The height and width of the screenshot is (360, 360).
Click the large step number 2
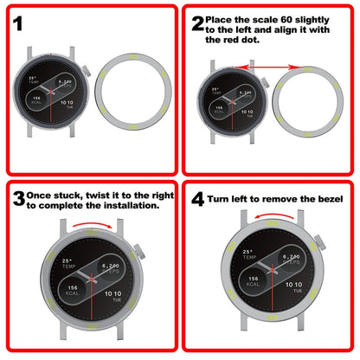198,23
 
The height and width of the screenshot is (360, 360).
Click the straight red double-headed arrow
267,65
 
